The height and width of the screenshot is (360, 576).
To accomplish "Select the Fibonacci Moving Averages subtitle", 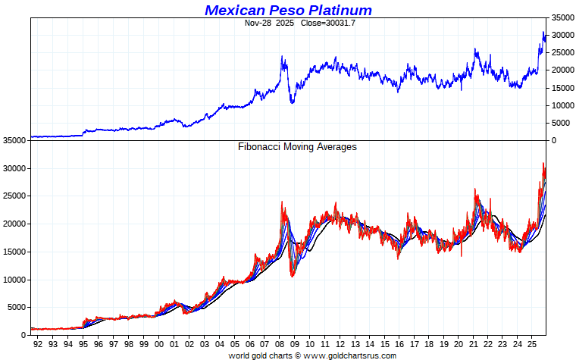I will point(297,147).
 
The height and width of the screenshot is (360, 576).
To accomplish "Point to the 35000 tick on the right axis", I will point(562,17).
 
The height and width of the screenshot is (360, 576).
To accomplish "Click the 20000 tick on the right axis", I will point(562,70).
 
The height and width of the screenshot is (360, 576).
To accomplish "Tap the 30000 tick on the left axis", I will point(15,168).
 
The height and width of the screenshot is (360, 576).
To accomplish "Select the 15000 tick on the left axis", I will point(15,252).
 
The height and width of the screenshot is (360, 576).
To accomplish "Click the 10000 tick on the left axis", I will point(15,280).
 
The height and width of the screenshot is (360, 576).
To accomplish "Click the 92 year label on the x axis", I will point(38,344).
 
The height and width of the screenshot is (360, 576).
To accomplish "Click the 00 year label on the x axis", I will point(159,344).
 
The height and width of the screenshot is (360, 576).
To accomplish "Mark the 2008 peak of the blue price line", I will point(282,56).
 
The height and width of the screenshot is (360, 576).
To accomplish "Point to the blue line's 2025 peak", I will point(543,32).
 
